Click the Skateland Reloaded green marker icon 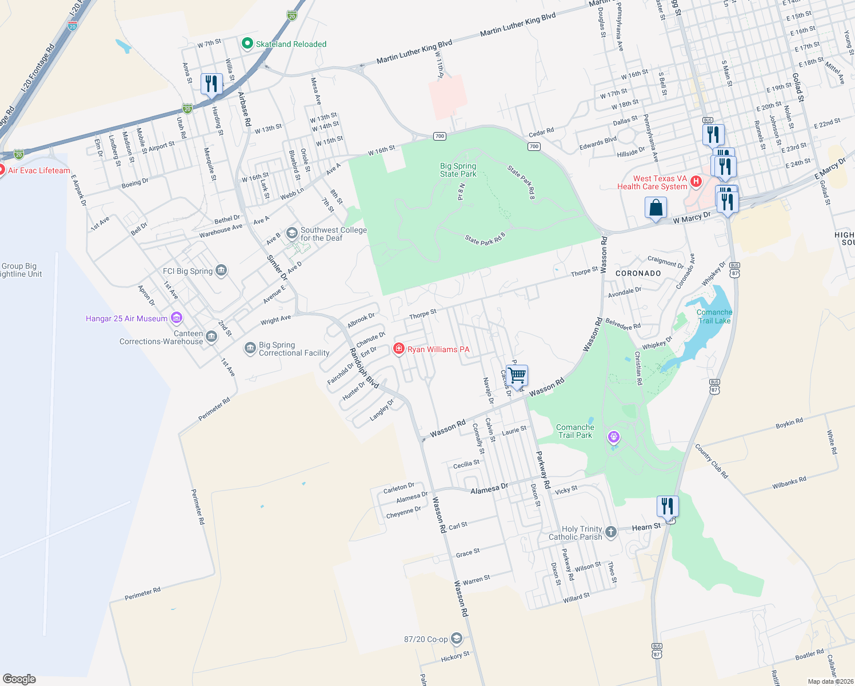247,44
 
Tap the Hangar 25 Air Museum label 127,318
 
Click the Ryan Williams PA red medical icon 399,349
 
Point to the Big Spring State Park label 458,170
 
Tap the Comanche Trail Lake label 714,316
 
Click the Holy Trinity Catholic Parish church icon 611,532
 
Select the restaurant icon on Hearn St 668,506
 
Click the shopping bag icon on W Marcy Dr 656,208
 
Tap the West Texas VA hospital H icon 696,182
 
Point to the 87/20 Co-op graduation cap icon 456,639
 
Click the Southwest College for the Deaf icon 291,233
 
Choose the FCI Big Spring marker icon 221,271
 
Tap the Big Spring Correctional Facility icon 250,348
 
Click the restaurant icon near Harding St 211,84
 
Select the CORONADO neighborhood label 638,273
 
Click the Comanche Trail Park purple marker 613,438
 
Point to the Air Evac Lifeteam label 39,170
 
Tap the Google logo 19,679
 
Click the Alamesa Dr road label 489,489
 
